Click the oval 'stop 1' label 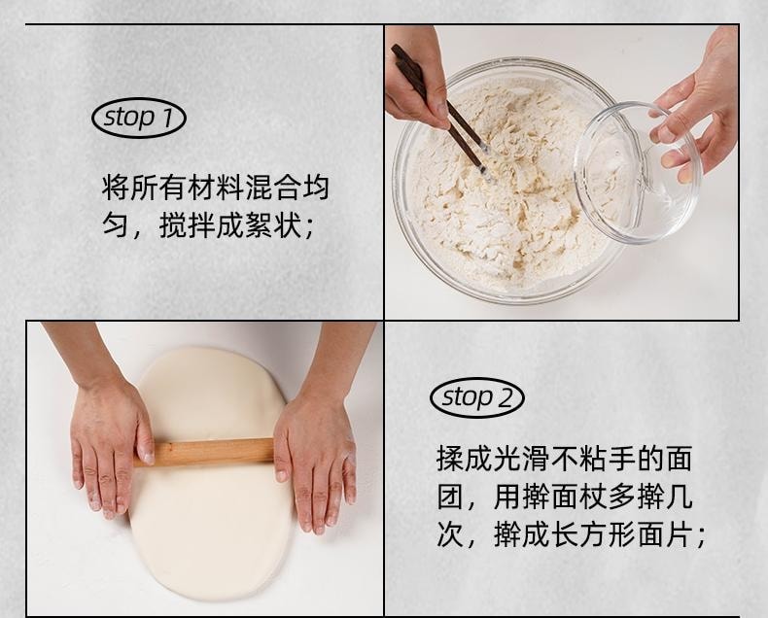[138, 119]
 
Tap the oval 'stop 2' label [476, 397]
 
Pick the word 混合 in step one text [271, 188]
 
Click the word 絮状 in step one [272, 226]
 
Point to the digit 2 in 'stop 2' [505, 397]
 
